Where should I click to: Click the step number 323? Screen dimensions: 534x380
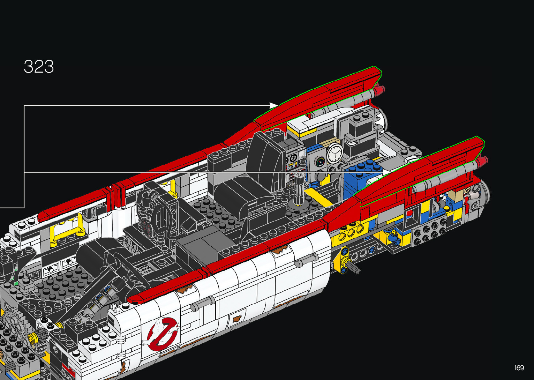click(39, 66)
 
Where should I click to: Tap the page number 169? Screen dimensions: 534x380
click(519, 367)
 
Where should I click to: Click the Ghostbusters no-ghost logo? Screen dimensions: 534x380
click(162, 334)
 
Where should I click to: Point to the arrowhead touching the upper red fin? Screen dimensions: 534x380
click(274, 105)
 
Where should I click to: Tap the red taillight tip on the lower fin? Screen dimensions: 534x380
click(482, 162)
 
